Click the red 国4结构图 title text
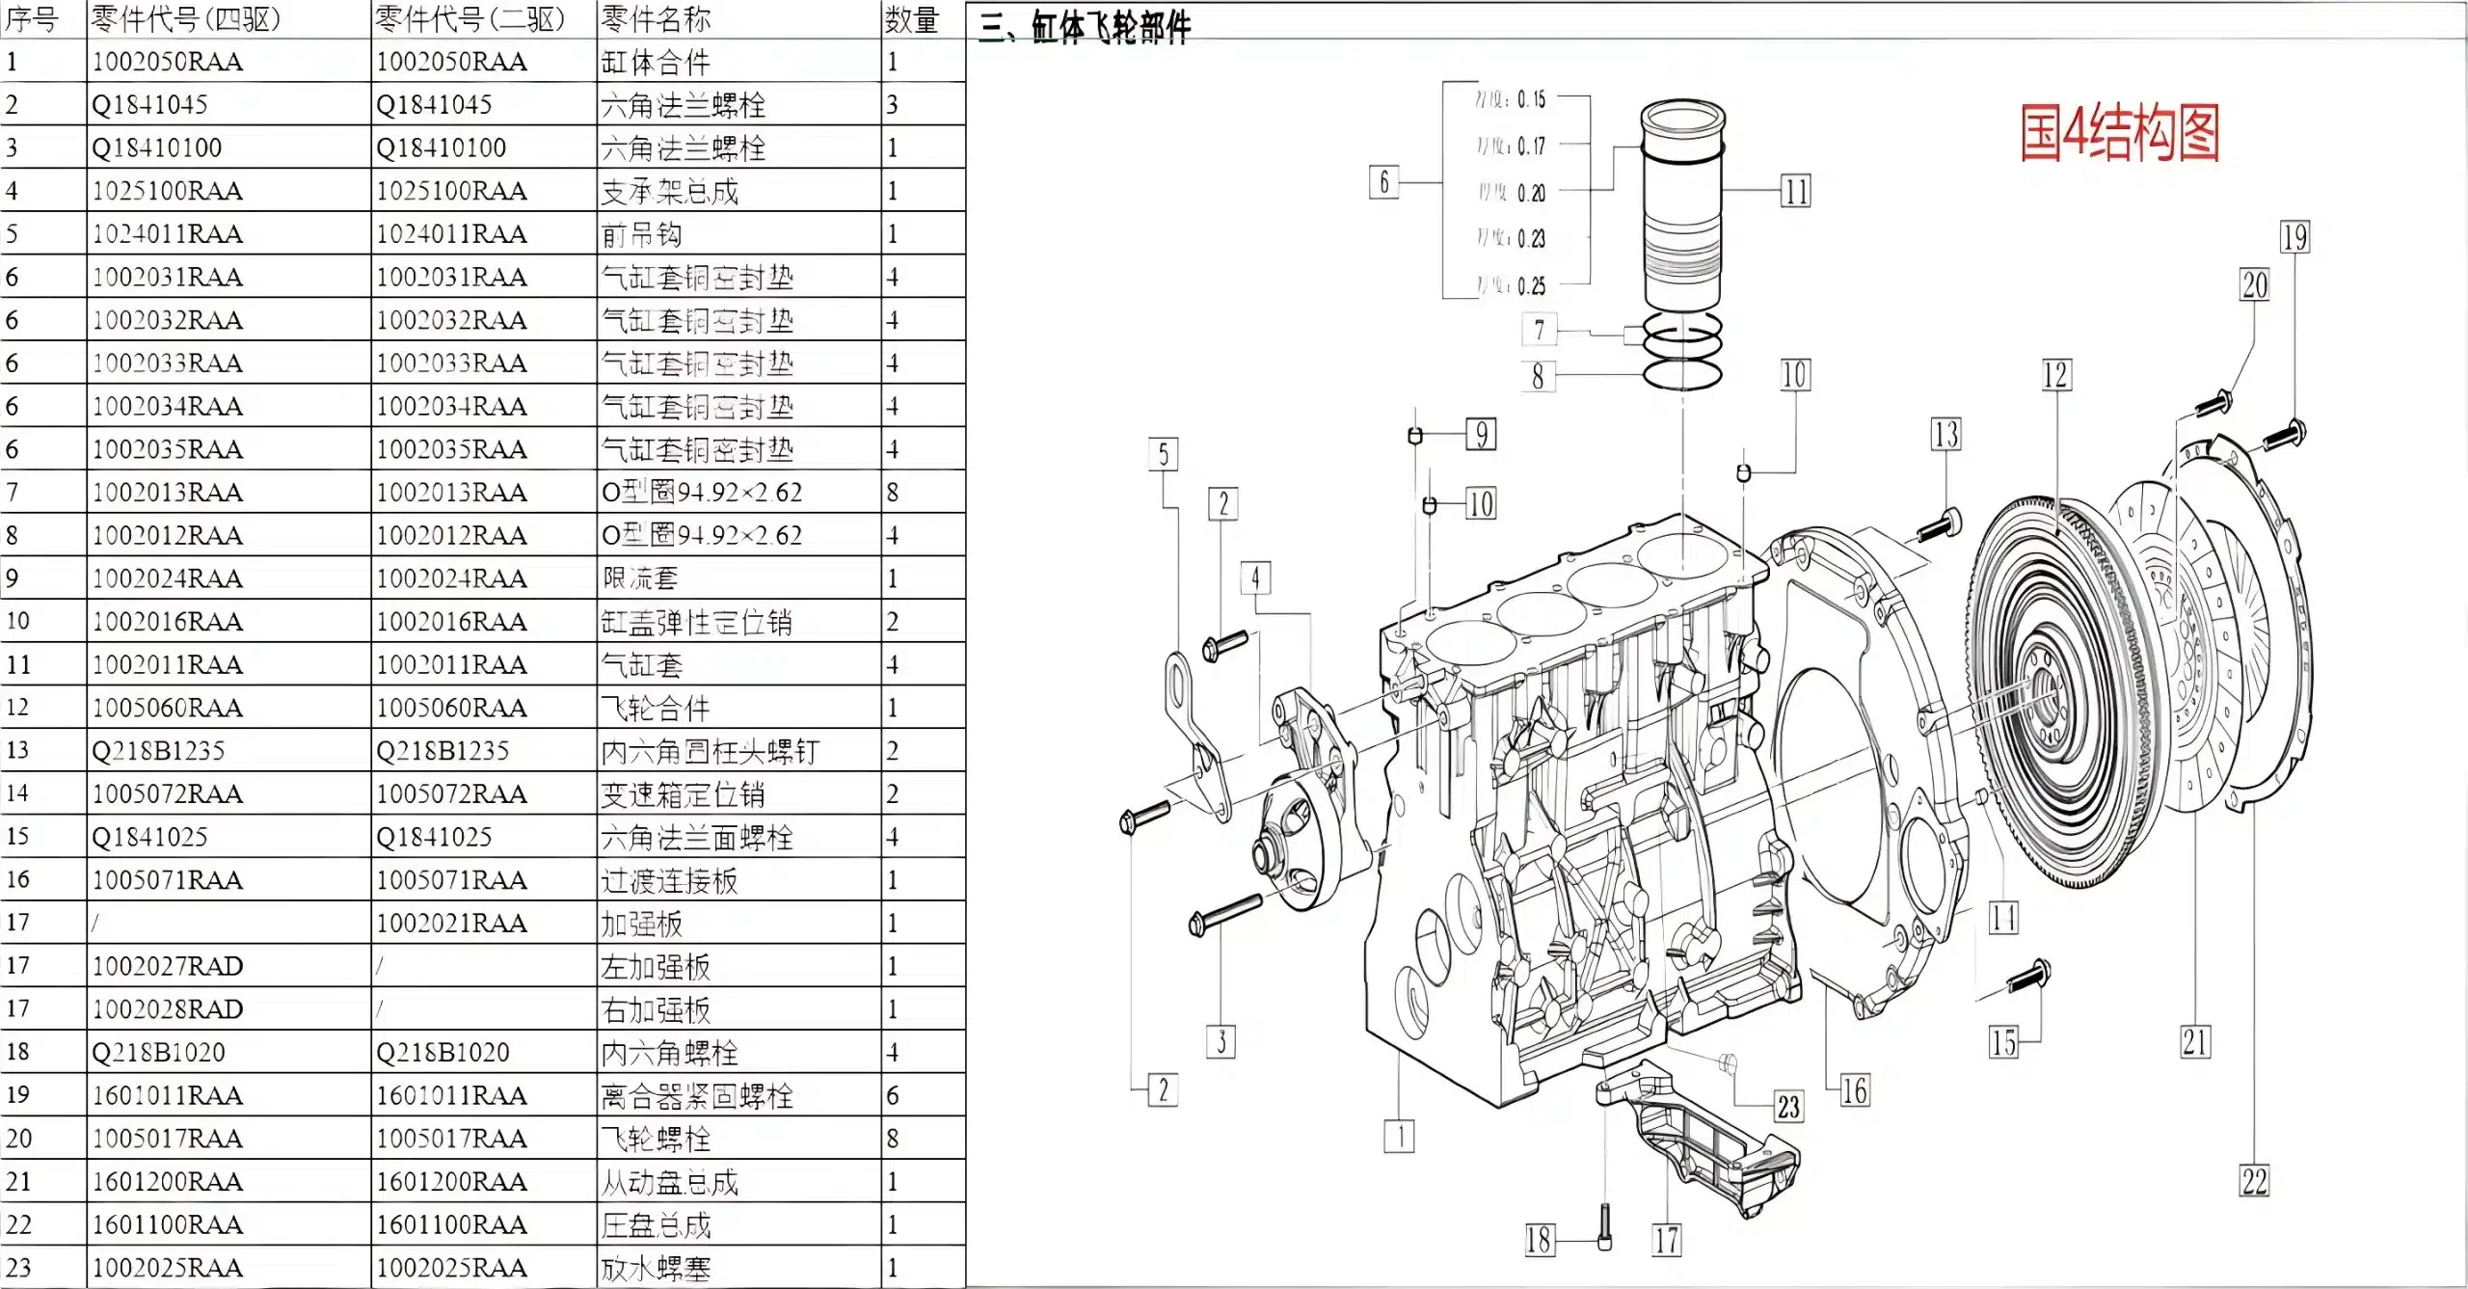[2119, 133]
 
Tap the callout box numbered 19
[2294, 237]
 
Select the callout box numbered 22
[2254, 1181]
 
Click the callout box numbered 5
[1164, 454]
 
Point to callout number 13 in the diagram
[1945, 435]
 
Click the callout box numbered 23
[1788, 1107]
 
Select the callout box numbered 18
[1539, 1240]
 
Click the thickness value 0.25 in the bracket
[1530, 286]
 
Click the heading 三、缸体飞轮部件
[1086, 26]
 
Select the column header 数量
[911, 19]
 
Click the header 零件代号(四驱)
[185, 19]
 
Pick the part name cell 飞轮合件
[656, 709]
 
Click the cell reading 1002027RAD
[167, 966]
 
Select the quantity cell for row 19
[894, 1095]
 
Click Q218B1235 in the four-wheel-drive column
[158, 751]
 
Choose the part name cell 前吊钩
[641, 234]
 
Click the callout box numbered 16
[1854, 1090]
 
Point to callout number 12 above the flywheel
[2054, 375]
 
